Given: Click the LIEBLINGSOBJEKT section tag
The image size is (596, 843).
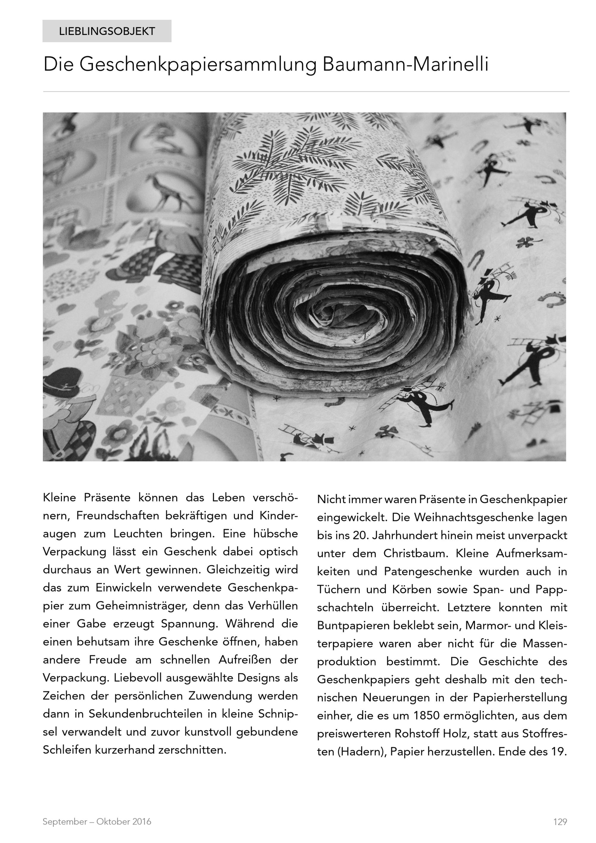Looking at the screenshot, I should tap(107, 31).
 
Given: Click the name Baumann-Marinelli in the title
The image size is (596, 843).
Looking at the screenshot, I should tap(406, 65).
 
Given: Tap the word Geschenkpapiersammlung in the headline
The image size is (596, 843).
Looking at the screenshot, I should tap(198, 65).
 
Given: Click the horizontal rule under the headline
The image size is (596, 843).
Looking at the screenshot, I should tap(306, 92).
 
